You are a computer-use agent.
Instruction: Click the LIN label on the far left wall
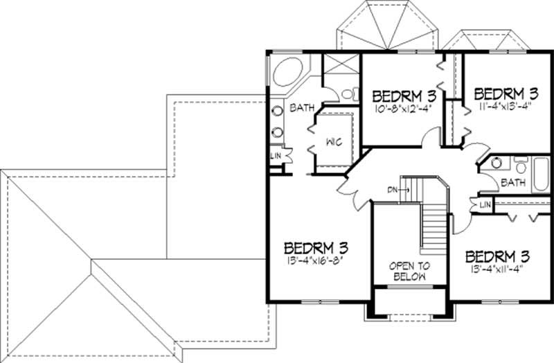[276, 156]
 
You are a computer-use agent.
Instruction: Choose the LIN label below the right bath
[484, 205]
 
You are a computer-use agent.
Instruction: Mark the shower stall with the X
[341, 69]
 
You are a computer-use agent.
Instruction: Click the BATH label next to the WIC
[302, 108]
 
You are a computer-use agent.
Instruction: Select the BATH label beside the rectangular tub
[513, 183]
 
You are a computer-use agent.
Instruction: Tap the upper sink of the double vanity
[276, 109]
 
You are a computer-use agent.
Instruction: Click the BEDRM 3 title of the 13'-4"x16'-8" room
[315, 247]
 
